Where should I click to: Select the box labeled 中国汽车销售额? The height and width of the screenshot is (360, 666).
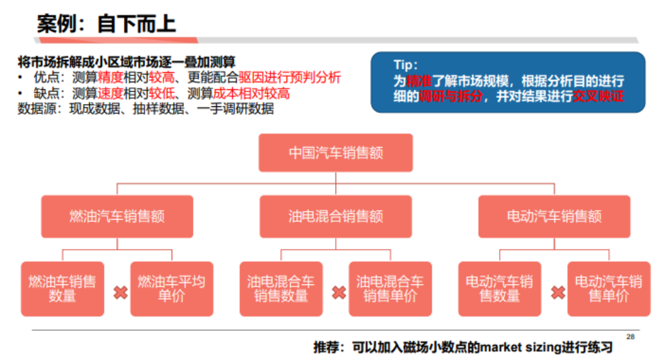pos(336,152)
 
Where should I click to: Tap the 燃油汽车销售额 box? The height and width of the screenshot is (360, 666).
pos(116,216)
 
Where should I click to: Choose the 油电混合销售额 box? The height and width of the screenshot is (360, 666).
pos(336,216)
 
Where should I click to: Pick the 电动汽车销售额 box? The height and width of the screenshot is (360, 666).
pos(554,216)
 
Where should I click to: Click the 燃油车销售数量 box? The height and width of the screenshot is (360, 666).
pos(62,289)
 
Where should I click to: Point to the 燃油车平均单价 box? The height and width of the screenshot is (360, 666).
pos(172,289)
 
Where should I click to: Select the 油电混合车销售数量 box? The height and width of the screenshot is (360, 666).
pos(281,289)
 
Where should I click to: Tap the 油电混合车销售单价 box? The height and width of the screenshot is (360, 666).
pos(390,289)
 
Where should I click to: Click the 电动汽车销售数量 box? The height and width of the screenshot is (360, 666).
pos(499,289)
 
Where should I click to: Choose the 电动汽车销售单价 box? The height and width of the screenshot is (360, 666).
pos(609,289)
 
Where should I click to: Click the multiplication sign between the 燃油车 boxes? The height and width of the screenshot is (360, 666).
pos(121,293)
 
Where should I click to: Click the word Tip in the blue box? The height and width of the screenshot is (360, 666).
pos(406,65)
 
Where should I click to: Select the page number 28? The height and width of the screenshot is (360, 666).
pos(630,336)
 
